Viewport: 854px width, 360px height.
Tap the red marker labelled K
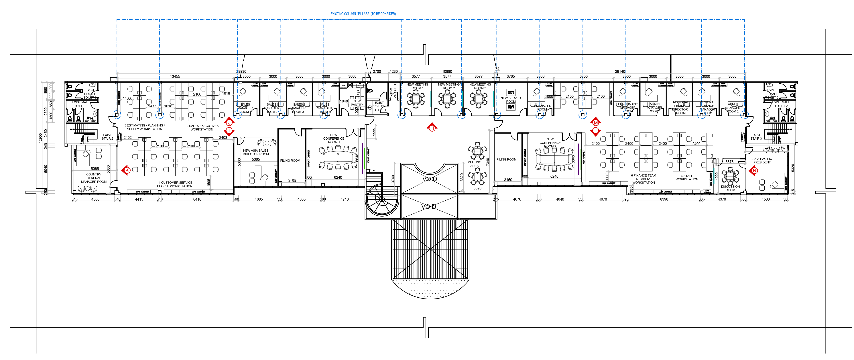[127, 170]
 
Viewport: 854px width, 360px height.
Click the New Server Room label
[511, 100]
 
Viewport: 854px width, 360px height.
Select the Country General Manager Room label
[94, 178]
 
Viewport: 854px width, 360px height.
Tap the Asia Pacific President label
[762, 161]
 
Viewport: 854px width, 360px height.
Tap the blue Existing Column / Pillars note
[363, 14]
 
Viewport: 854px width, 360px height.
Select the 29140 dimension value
[620, 72]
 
